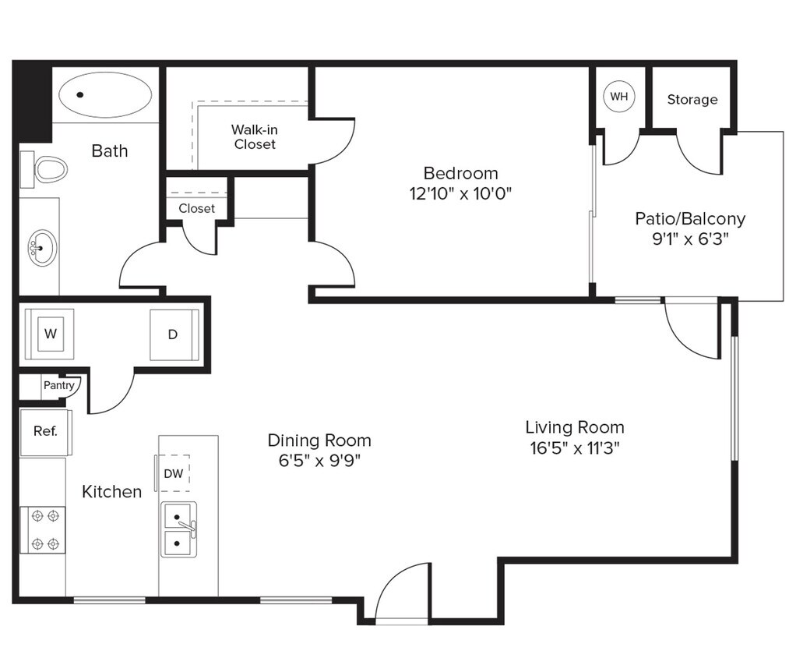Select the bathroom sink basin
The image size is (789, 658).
pyautogui.click(x=42, y=248)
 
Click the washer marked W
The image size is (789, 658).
pyautogui.click(x=50, y=334)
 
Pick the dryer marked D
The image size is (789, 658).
pyautogui.click(x=174, y=334)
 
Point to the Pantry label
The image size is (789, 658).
pyautogui.click(x=59, y=385)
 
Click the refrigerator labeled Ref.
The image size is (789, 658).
pyautogui.click(x=45, y=431)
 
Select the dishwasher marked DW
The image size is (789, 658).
pyautogui.click(x=174, y=473)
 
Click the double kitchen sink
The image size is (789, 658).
pyautogui.click(x=178, y=530)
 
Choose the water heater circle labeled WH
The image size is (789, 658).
pyautogui.click(x=619, y=97)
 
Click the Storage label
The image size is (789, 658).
pyautogui.click(x=692, y=100)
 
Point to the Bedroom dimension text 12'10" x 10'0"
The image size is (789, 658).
pyautogui.click(x=460, y=193)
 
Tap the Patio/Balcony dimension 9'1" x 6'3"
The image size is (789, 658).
pyautogui.click(x=689, y=239)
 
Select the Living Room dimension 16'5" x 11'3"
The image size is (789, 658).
pyautogui.click(x=574, y=448)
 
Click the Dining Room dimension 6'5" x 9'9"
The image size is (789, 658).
pyautogui.click(x=319, y=460)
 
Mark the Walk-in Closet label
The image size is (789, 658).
pyautogui.click(x=255, y=136)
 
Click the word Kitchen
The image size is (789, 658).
pyautogui.click(x=112, y=491)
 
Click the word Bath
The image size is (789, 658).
pyautogui.click(x=110, y=150)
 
